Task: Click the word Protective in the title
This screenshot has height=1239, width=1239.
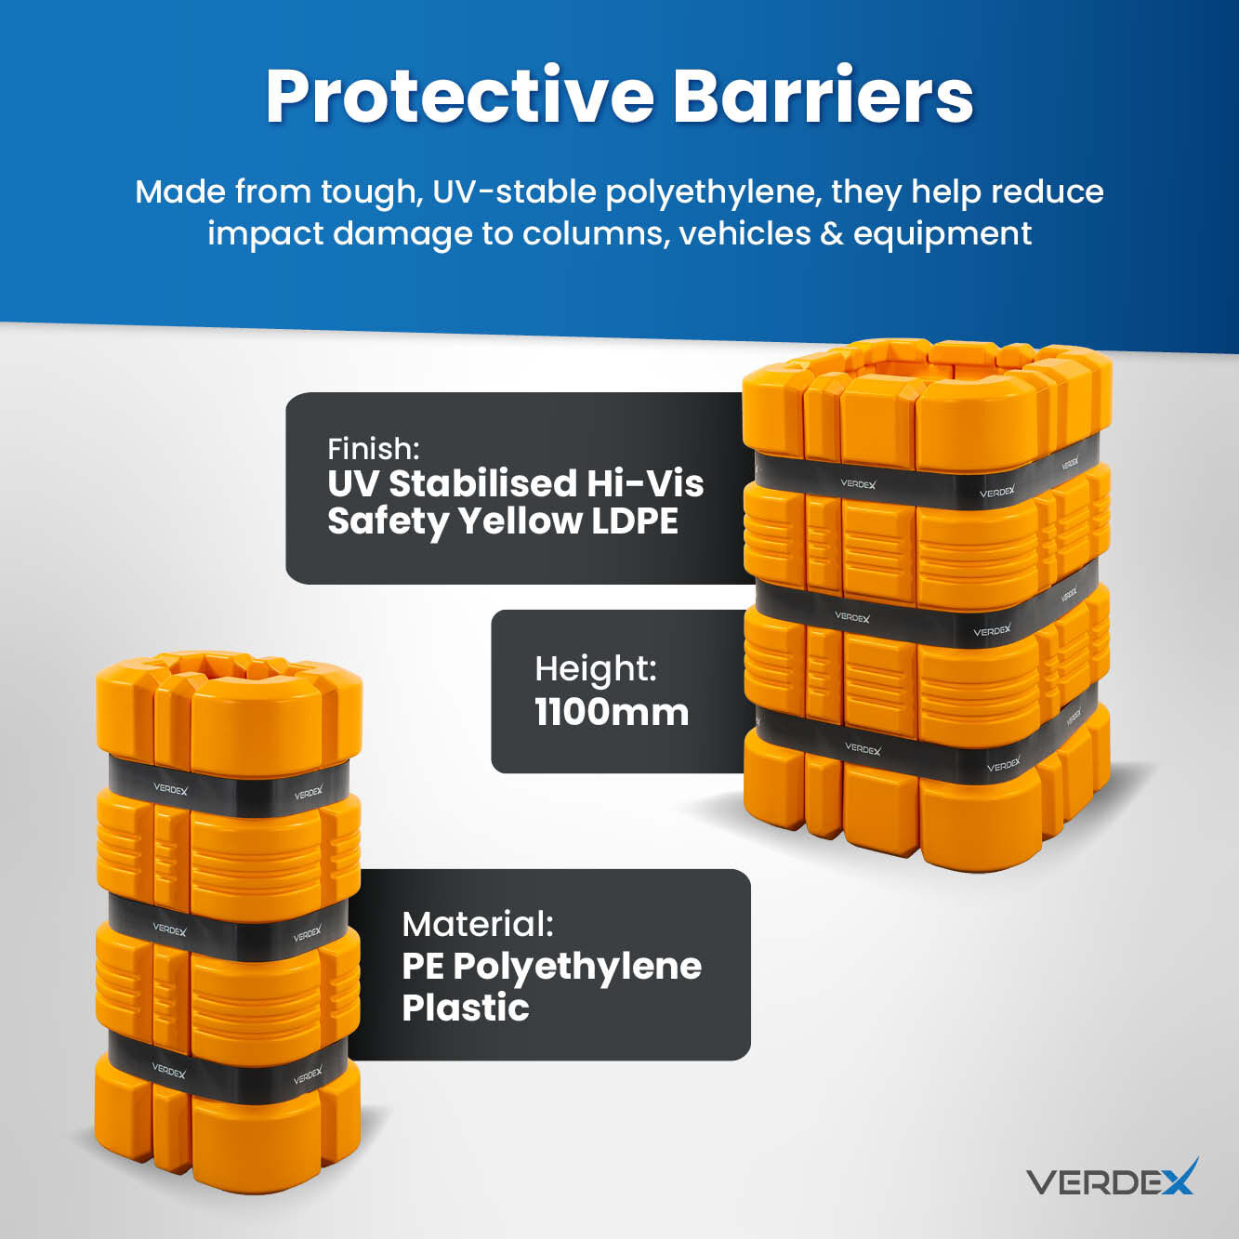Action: point(460,97)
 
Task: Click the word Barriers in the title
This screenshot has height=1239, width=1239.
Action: point(823,97)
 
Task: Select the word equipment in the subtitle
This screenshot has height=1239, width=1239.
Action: point(942,234)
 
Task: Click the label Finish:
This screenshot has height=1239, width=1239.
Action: point(373,449)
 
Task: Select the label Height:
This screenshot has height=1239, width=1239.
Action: point(596,669)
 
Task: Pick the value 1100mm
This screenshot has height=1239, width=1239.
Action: point(612,712)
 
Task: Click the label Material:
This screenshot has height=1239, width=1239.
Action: point(477,924)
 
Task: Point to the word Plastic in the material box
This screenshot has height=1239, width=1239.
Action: point(466,1008)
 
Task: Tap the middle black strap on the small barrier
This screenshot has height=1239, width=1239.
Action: point(229,929)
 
